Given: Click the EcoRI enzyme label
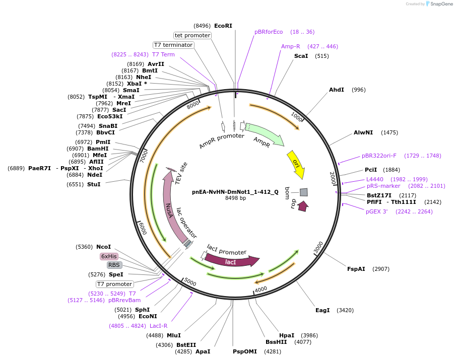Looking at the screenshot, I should click(x=223, y=25).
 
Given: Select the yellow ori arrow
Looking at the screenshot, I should click(x=296, y=164).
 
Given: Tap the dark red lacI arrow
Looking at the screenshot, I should click(x=231, y=261).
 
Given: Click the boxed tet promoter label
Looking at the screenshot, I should click(x=192, y=35).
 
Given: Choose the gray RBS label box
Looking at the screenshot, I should click(x=114, y=265).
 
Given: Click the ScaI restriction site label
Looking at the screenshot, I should click(x=301, y=56).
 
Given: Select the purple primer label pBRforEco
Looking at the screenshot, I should click(x=269, y=32).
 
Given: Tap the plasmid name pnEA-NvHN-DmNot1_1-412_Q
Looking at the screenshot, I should click(x=235, y=191).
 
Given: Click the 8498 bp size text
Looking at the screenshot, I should click(x=235, y=198).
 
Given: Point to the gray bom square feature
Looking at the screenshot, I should click(x=303, y=192).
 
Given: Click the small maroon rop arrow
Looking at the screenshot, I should click(x=303, y=206).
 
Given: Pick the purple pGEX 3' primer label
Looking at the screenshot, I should click(x=376, y=211).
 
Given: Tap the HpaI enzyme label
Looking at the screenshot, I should click(x=287, y=335).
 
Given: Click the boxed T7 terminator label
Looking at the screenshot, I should click(x=173, y=45).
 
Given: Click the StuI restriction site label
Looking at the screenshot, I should click(x=94, y=184).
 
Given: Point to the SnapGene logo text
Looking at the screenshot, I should click(x=438, y=4).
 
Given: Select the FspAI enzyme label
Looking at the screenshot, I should click(x=356, y=269).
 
